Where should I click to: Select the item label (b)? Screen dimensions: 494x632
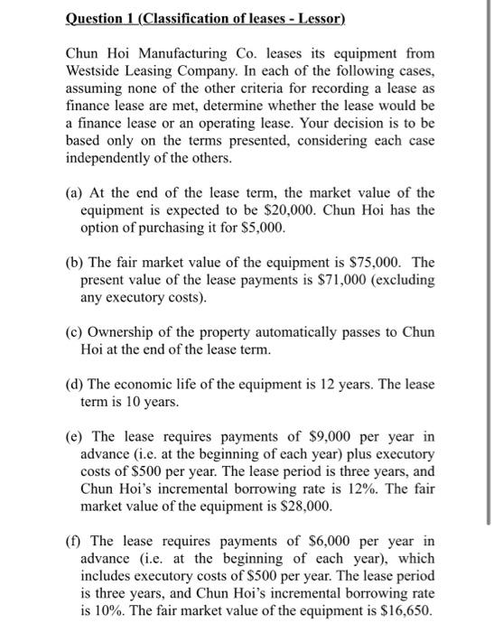tap(77, 263)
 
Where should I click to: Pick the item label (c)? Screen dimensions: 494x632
tap(77, 332)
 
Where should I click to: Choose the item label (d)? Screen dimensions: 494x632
tap(77, 385)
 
